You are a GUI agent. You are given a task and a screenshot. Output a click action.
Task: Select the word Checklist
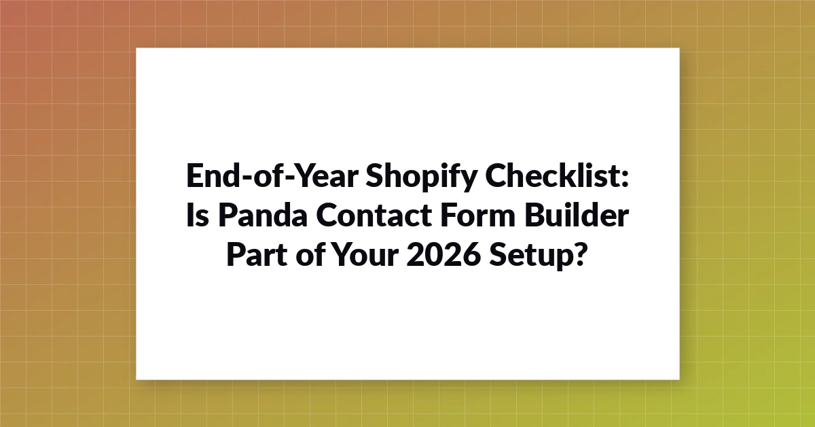point(552,175)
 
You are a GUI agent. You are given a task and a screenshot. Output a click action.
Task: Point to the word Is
point(198,215)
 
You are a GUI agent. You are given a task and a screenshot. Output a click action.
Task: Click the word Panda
point(263,215)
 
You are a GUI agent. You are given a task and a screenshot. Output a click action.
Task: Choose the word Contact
point(374,215)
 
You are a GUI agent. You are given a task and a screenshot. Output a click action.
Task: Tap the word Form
point(477,215)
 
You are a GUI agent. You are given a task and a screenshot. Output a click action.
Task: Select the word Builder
point(577,214)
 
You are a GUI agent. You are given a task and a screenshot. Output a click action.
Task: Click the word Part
point(257,254)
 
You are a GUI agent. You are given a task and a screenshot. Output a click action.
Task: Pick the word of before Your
point(310,254)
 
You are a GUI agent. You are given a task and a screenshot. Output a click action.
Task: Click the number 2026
point(443,254)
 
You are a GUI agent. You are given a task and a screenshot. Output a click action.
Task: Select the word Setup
point(532,256)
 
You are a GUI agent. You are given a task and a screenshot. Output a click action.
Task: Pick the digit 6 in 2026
point(471,254)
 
